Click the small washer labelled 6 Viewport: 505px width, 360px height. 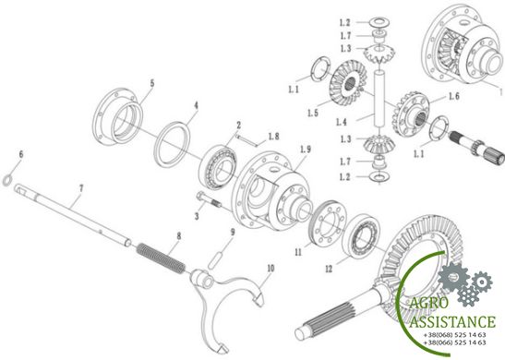pyautogui.click(x=6, y=181)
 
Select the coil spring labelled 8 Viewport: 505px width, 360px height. pyautogui.click(x=161, y=258)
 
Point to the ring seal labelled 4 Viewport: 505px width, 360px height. pyautogui.click(x=173, y=145)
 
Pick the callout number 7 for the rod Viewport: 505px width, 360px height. pyautogui.click(x=81, y=188)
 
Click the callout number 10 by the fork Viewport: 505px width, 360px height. pyautogui.click(x=271, y=268)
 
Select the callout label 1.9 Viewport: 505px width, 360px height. pyautogui.click(x=306, y=150)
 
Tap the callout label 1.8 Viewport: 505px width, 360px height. pyautogui.click(x=274, y=137)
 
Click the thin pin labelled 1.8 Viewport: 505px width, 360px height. pyautogui.click(x=246, y=140)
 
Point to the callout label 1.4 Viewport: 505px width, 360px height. pyautogui.click(x=342, y=122)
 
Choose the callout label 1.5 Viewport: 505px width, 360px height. pyautogui.click(x=313, y=113)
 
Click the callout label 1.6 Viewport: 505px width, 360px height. pyautogui.click(x=454, y=96)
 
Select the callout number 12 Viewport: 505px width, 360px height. pyautogui.click(x=329, y=269)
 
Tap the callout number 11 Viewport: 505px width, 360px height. pyautogui.click(x=298, y=252)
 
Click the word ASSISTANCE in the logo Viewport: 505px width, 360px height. pyautogui.click(x=452, y=321)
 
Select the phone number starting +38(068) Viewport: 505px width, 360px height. pyautogui.click(x=455, y=335)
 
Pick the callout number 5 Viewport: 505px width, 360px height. pyautogui.click(x=152, y=83)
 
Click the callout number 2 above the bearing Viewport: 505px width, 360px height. pyautogui.click(x=238, y=125)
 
